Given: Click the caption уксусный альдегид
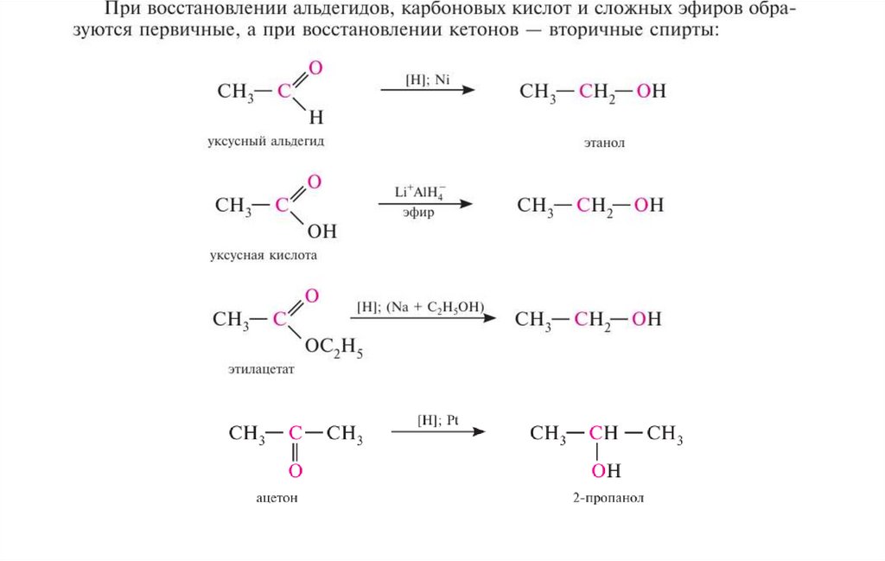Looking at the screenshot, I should click(265, 140).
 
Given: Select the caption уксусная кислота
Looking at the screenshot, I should click(264, 256).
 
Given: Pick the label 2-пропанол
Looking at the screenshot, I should click(611, 498).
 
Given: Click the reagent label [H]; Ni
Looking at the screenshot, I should click(427, 79).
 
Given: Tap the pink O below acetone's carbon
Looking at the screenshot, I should click(295, 471).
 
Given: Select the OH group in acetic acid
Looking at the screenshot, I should click(321, 232).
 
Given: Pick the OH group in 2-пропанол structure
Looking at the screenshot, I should click(607, 471).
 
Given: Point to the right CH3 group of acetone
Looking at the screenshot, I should click(344, 434).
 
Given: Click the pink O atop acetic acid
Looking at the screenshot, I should click(315, 182).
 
